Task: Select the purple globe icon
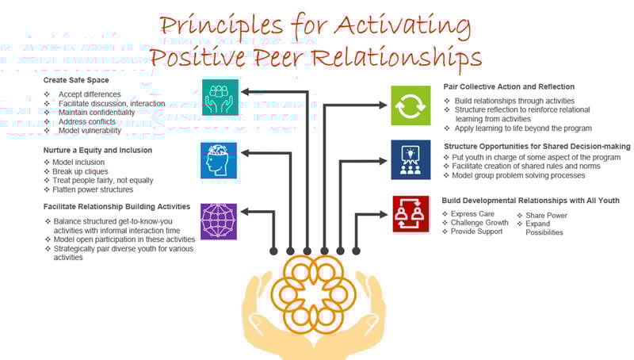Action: (219, 220)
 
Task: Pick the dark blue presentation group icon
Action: (411, 159)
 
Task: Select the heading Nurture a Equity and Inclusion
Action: (97, 149)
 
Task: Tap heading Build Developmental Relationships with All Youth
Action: (530, 201)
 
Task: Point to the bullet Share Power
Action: (547, 215)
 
